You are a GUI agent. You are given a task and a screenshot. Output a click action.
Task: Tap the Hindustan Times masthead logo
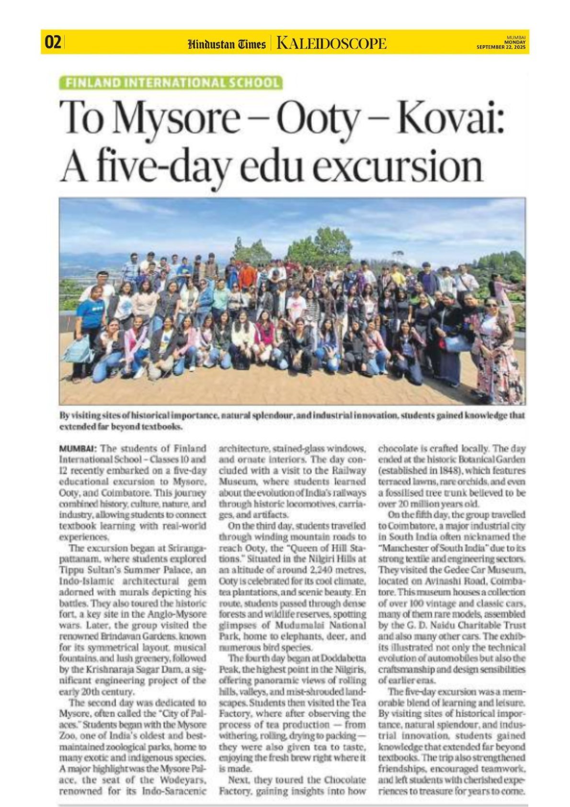point(227,45)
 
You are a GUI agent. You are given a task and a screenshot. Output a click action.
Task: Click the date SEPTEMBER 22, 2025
point(501,47)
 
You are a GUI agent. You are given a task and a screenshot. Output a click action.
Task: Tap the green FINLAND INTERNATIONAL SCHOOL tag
point(171,82)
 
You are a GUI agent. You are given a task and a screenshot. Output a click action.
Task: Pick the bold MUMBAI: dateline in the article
point(78,449)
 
